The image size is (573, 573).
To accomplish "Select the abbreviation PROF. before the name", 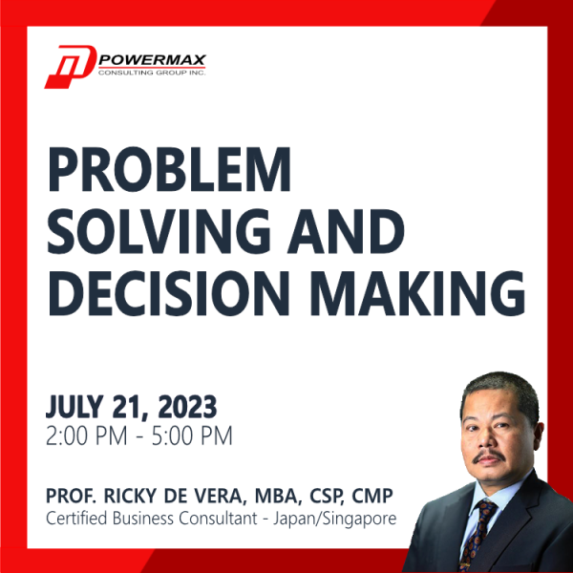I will [x=69, y=497].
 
